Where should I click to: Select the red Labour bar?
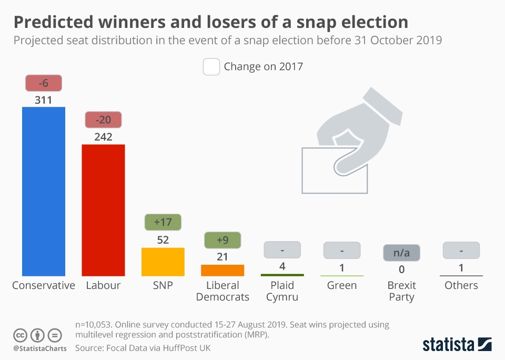(103, 210)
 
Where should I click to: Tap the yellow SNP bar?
(163, 262)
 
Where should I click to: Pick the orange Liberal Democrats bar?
(223, 271)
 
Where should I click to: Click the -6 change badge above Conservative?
(44, 83)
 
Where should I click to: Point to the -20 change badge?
(103, 120)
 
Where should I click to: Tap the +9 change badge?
(223, 240)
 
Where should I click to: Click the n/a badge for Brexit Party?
(401, 253)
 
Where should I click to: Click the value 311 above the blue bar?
(44, 99)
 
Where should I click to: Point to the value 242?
(103, 136)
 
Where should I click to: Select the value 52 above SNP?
(163, 239)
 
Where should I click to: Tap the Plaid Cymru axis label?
(282, 291)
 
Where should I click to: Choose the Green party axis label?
(342, 286)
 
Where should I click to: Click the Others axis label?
(461, 286)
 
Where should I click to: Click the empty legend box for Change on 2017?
(211, 67)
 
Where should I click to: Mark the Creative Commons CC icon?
(20, 335)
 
